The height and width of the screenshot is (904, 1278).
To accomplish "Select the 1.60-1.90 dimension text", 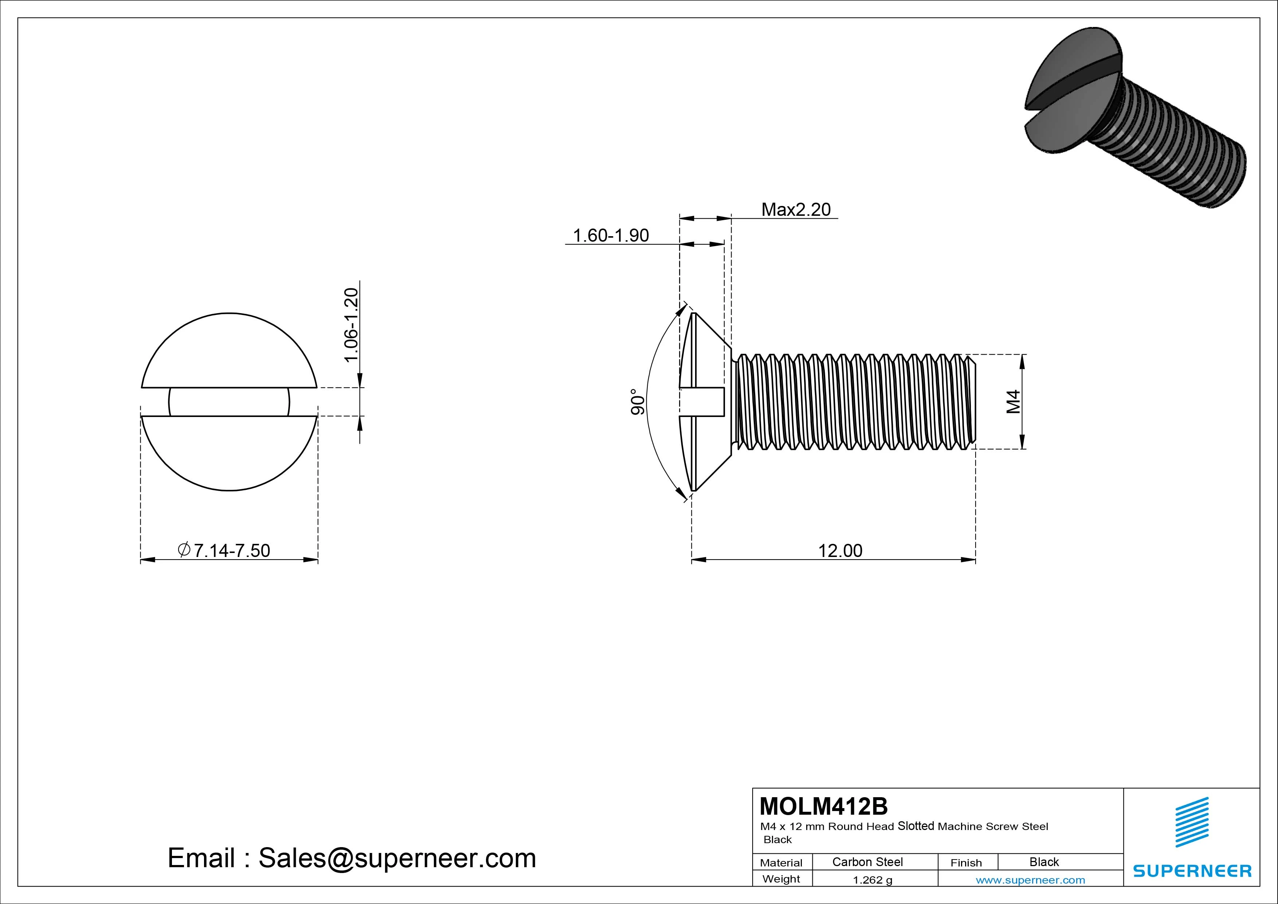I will (x=611, y=235).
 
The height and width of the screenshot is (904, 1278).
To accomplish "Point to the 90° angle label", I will (x=638, y=402).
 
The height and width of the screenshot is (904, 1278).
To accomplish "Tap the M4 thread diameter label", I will (x=1014, y=402).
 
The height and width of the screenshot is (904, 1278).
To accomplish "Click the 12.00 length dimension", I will (x=840, y=550).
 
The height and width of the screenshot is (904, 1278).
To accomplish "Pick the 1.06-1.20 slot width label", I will (x=351, y=325).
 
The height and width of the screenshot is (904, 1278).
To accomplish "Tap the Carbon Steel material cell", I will (x=867, y=862).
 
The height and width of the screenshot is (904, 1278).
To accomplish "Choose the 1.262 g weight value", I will (x=872, y=880).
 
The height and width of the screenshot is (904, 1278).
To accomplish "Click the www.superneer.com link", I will (x=1030, y=880).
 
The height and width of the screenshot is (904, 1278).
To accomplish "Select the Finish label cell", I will (x=966, y=862).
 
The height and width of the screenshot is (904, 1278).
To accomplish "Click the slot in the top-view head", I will (x=229, y=402).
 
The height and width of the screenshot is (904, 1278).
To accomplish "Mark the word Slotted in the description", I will (x=916, y=826).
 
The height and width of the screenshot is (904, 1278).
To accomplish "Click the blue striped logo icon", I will (x=1192, y=822).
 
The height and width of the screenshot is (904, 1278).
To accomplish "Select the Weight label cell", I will (x=781, y=879).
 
